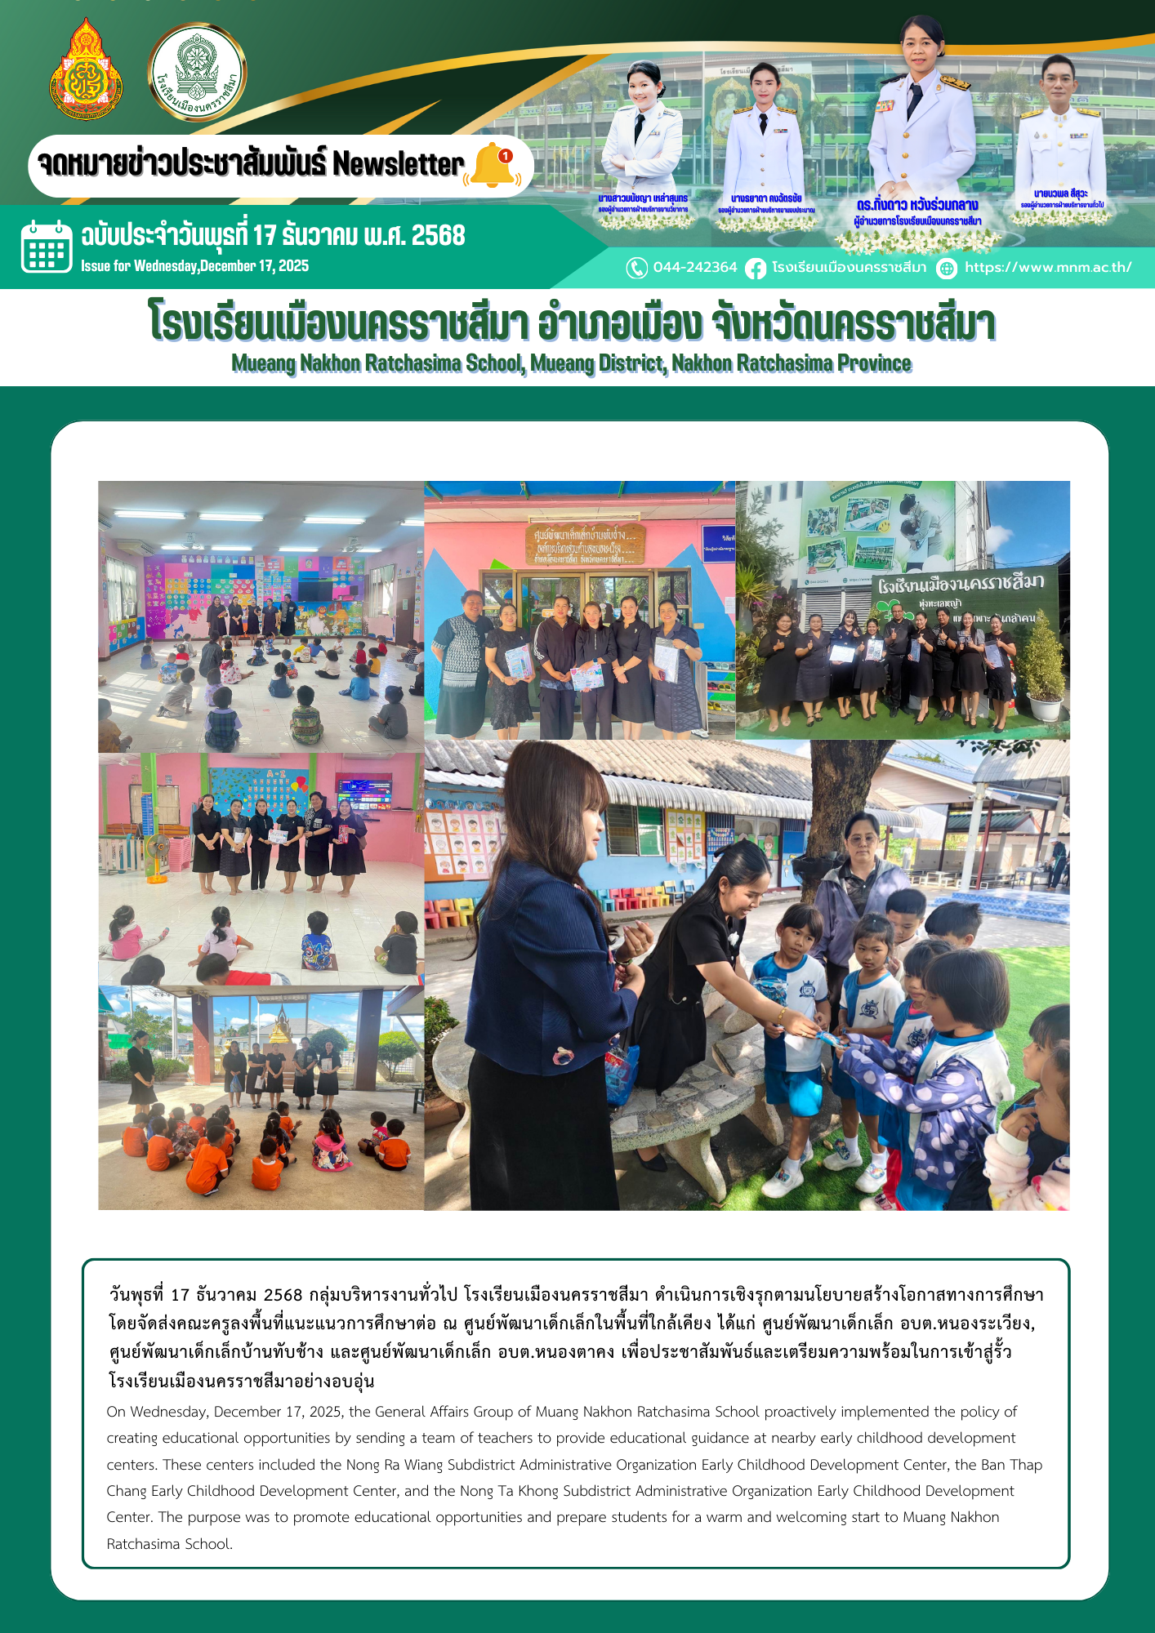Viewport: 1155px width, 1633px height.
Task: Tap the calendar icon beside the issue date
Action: [x=46, y=246]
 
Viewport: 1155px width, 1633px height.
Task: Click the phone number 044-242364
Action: [x=694, y=268]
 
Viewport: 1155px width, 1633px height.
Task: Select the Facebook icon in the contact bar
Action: [x=756, y=268]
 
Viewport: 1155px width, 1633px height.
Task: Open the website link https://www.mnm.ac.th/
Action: [x=1047, y=268]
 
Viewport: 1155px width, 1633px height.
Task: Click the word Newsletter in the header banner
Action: [x=398, y=165]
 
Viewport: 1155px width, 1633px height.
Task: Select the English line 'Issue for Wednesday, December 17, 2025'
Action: [x=194, y=266]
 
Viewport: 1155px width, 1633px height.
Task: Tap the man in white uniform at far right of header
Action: [x=1060, y=139]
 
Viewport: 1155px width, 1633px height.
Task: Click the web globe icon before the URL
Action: [x=947, y=269]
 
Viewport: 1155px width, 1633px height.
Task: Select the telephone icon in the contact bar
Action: [x=636, y=268]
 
